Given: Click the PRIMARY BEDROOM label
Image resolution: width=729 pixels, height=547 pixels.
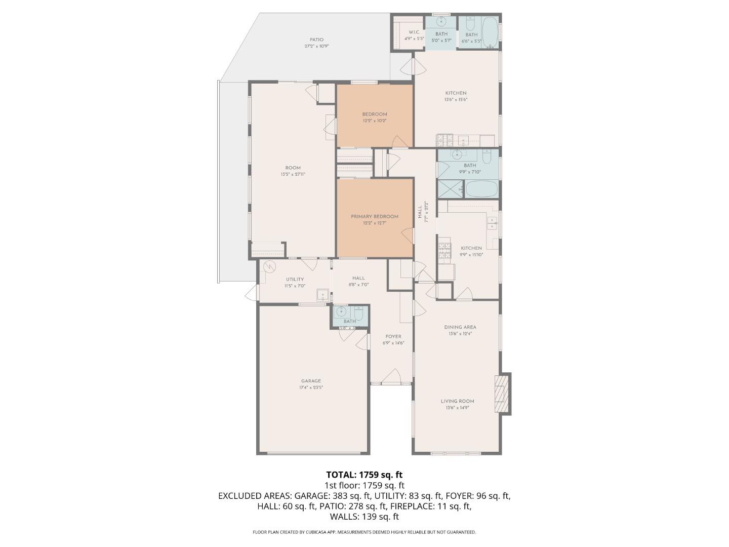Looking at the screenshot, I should point(375,216).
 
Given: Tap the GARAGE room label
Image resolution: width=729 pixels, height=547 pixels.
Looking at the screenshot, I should point(311,381).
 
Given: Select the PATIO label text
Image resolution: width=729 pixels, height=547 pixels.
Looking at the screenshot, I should point(316,40).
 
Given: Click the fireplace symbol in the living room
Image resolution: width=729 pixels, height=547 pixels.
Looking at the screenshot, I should point(502,394).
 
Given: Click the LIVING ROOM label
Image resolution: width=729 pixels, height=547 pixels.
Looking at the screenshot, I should point(460,401).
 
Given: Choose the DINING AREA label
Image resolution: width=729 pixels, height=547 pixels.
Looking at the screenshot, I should point(460,327).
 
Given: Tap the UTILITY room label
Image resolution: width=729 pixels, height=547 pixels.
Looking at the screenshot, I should point(295,279).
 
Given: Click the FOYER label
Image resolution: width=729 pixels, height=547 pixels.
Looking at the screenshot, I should point(393,336).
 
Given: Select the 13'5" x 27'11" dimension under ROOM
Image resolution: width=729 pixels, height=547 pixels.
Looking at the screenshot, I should point(293,174).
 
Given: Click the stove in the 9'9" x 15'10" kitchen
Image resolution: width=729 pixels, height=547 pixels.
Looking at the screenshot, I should point(444,251).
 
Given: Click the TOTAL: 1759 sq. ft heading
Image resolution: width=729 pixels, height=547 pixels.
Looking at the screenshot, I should point(364,475).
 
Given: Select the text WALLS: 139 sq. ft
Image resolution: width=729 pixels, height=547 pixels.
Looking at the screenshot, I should point(364,517).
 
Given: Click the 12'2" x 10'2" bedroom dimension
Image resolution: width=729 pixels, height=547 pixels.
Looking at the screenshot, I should point(375,121).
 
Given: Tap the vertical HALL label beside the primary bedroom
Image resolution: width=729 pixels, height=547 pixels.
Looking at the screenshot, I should point(420,213).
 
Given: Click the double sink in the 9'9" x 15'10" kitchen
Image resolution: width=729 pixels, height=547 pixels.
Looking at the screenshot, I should point(492,223).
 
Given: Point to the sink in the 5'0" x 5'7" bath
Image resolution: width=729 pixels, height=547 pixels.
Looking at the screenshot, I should point(441,22).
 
